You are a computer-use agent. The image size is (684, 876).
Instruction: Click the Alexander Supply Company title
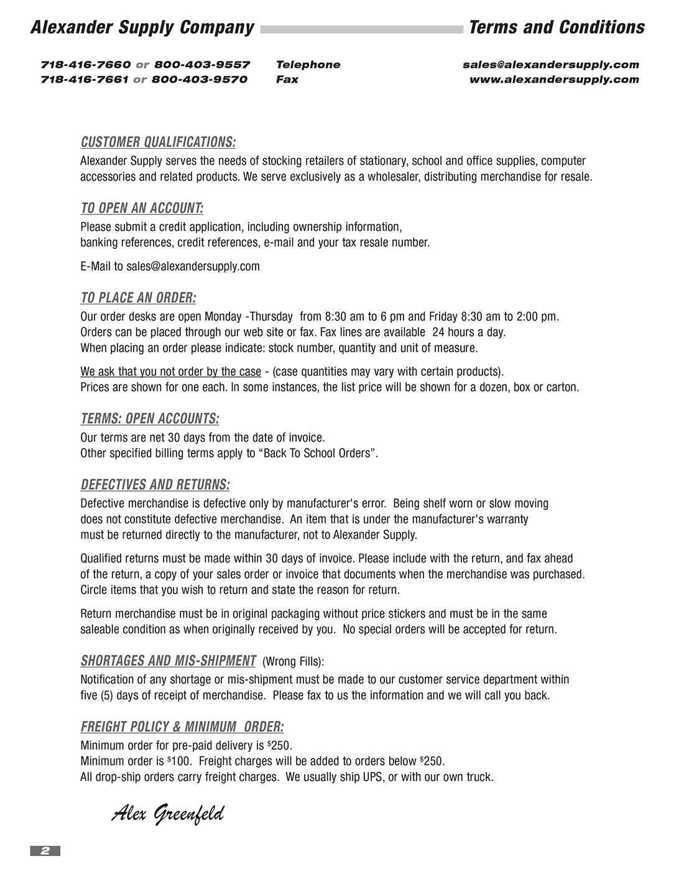[x=142, y=27]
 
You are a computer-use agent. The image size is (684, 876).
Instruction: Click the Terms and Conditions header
[x=557, y=27]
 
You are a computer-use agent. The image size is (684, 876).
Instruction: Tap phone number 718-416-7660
[x=85, y=65]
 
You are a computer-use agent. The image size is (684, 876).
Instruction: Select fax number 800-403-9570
[x=200, y=80]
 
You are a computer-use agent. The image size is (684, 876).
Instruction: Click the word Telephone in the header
[x=308, y=65]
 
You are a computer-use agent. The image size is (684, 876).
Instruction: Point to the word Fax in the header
[x=287, y=80]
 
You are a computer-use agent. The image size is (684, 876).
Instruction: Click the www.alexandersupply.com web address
[x=554, y=80]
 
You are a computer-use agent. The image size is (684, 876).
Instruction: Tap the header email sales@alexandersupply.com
[x=550, y=65]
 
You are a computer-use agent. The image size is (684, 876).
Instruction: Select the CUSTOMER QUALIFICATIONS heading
[x=158, y=142]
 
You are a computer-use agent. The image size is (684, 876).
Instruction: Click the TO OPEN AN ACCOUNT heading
[x=142, y=208]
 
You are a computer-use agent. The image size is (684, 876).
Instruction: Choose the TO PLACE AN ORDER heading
[x=138, y=298]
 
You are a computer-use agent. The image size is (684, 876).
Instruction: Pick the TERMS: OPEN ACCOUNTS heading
[x=149, y=419]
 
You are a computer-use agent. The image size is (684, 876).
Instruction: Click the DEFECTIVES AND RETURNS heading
[x=155, y=485]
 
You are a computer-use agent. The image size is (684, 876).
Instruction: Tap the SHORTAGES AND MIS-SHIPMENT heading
[x=168, y=661]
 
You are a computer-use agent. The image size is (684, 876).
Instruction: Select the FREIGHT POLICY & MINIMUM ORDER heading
[x=182, y=727]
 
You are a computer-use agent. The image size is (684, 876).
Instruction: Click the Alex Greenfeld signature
[x=167, y=813]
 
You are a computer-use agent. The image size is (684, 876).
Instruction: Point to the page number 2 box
[x=45, y=850]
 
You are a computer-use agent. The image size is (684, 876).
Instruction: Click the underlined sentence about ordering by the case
[x=170, y=372]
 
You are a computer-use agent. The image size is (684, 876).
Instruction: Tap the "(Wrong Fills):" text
[x=293, y=661]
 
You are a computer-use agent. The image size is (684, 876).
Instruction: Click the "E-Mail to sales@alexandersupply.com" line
[x=170, y=266]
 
